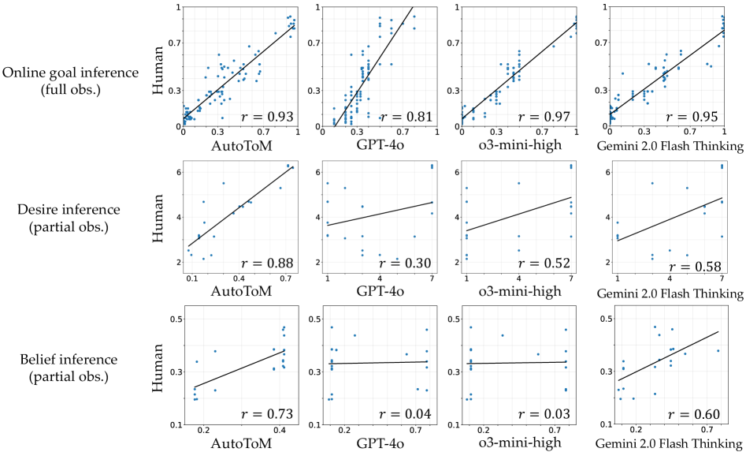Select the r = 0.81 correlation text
tap(405, 117)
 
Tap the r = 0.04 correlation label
tap(405, 413)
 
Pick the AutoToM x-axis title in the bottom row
tap(240, 443)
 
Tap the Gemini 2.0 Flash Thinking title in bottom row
tap(668, 443)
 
